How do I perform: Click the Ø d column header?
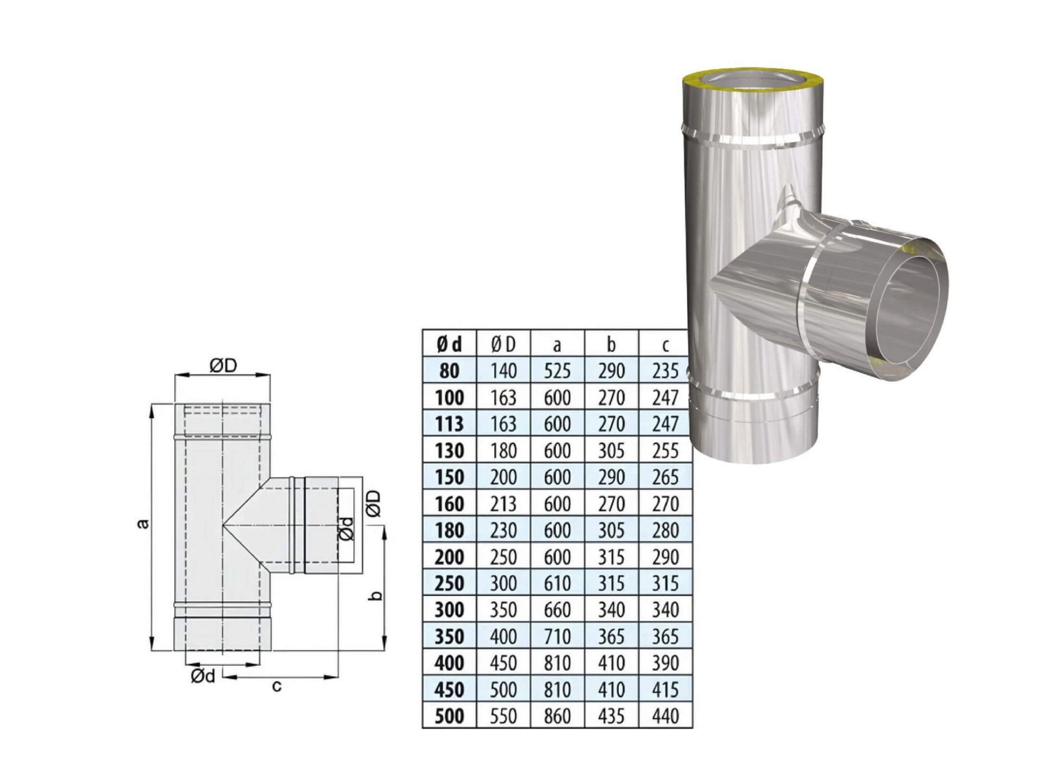[449, 344]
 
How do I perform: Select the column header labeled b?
[611, 344]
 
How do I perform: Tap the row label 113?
[449, 424]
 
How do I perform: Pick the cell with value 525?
[557, 371]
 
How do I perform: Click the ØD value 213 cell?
[503, 504]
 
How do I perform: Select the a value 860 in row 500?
[557, 716]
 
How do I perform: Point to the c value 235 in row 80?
[665, 371]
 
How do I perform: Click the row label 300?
[449, 610]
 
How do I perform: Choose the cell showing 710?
[557, 636]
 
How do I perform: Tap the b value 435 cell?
[611, 716]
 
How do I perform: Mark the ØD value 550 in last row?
[503, 716]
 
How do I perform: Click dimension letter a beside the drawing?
[142, 524]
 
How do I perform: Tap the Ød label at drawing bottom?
[203, 677]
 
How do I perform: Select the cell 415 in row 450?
[665, 690]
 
